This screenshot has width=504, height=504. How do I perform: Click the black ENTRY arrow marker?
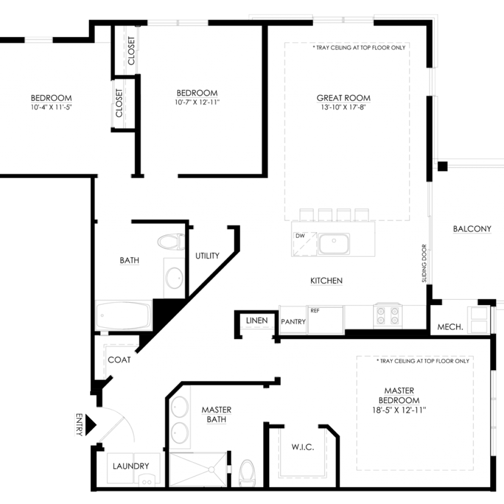point(91,425)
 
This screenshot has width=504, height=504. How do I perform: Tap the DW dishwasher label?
point(300,236)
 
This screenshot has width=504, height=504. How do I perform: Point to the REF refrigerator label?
point(315,311)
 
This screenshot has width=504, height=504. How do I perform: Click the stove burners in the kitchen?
point(388,315)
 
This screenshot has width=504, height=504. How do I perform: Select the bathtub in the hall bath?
point(124,315)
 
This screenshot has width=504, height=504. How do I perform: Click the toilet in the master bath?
point(247,473)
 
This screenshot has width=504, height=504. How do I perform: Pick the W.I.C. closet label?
point(303,447)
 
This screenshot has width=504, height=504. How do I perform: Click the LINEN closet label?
point(256,320)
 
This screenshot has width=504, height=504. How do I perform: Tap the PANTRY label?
point(293,321)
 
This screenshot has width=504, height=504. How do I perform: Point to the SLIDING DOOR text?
point(424,263)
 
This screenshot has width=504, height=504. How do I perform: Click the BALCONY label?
point(472,229)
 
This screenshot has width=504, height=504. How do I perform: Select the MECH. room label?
point(450,327)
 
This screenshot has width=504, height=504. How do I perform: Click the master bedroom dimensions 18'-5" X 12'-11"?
point(399,410)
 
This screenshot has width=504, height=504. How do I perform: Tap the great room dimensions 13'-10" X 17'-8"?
point(343,107)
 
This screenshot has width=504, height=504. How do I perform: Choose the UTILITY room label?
point(207,256)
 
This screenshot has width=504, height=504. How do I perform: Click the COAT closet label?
point(119,360)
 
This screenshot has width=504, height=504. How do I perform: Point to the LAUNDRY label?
point(131,466)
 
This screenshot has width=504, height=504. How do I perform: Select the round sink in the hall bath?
point(174,278)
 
